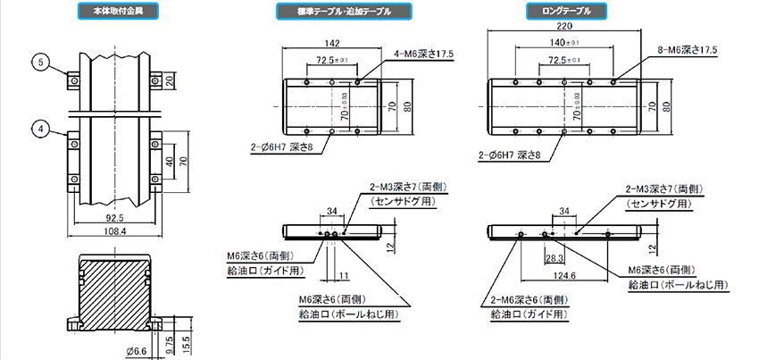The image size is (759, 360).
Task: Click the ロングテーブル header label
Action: click(566, 13)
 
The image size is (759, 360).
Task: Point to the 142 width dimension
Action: click(331, 43)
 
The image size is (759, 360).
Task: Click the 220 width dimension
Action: click(564, 28)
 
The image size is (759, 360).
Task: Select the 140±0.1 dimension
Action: click(564, 43)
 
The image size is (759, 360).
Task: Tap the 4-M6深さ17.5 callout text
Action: click(425, 54)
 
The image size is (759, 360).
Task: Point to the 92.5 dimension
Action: click(113, 217)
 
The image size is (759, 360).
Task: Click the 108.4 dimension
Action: click(113, 231)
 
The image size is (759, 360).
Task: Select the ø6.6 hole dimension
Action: click(135, 349)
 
